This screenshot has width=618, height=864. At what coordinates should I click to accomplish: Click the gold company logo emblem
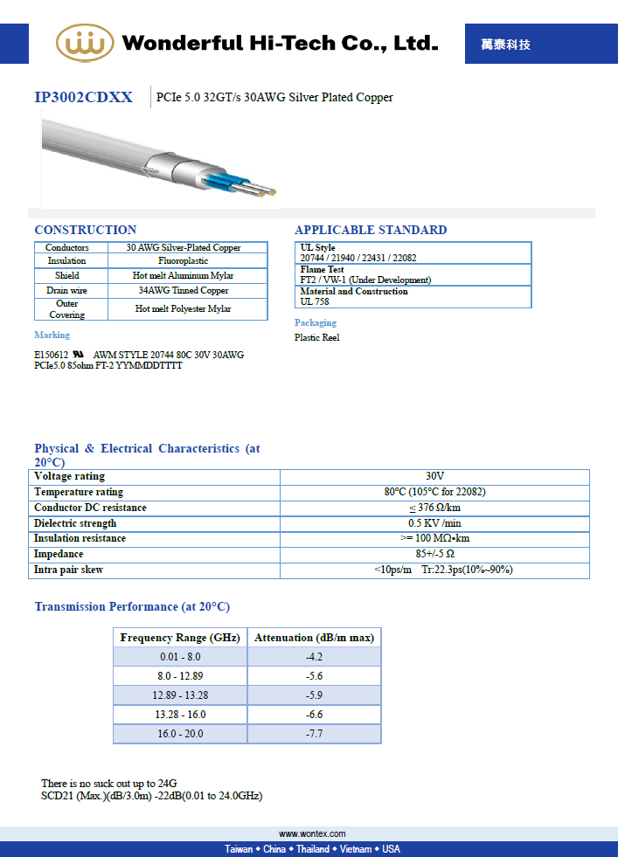(x=85, y=43)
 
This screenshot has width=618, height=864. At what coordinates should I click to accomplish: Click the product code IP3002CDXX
(x=84, y=97)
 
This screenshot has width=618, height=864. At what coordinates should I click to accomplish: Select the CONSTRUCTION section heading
(x=85, y=230)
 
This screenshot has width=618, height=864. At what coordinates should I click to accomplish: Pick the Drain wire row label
(x=66, y=290)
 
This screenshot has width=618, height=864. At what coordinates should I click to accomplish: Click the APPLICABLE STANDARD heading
(x=371, y=230)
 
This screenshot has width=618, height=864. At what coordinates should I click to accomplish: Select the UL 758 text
(x=315, y=301)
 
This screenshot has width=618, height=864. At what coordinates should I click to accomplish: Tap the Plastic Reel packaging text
(x=316, y=337)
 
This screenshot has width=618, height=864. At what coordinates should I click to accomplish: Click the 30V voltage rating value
(x=434, y=476)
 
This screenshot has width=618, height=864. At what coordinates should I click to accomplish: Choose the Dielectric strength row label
(x=75, y=523)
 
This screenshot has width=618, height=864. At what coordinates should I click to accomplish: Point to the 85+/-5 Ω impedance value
(x=434, y=554)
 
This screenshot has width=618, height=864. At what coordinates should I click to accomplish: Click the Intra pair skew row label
(x=68, y=570)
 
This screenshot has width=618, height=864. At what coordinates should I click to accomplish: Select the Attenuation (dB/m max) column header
(x=314, y=638)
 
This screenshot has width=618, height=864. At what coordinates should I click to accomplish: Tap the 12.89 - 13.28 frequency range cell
(x=181, y=695)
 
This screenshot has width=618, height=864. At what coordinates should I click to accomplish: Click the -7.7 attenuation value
(x=314, y=734)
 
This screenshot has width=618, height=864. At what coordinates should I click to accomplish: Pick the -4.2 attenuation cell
(x=314, y=657)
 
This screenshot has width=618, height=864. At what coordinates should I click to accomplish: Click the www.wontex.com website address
(x=312, y=834)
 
